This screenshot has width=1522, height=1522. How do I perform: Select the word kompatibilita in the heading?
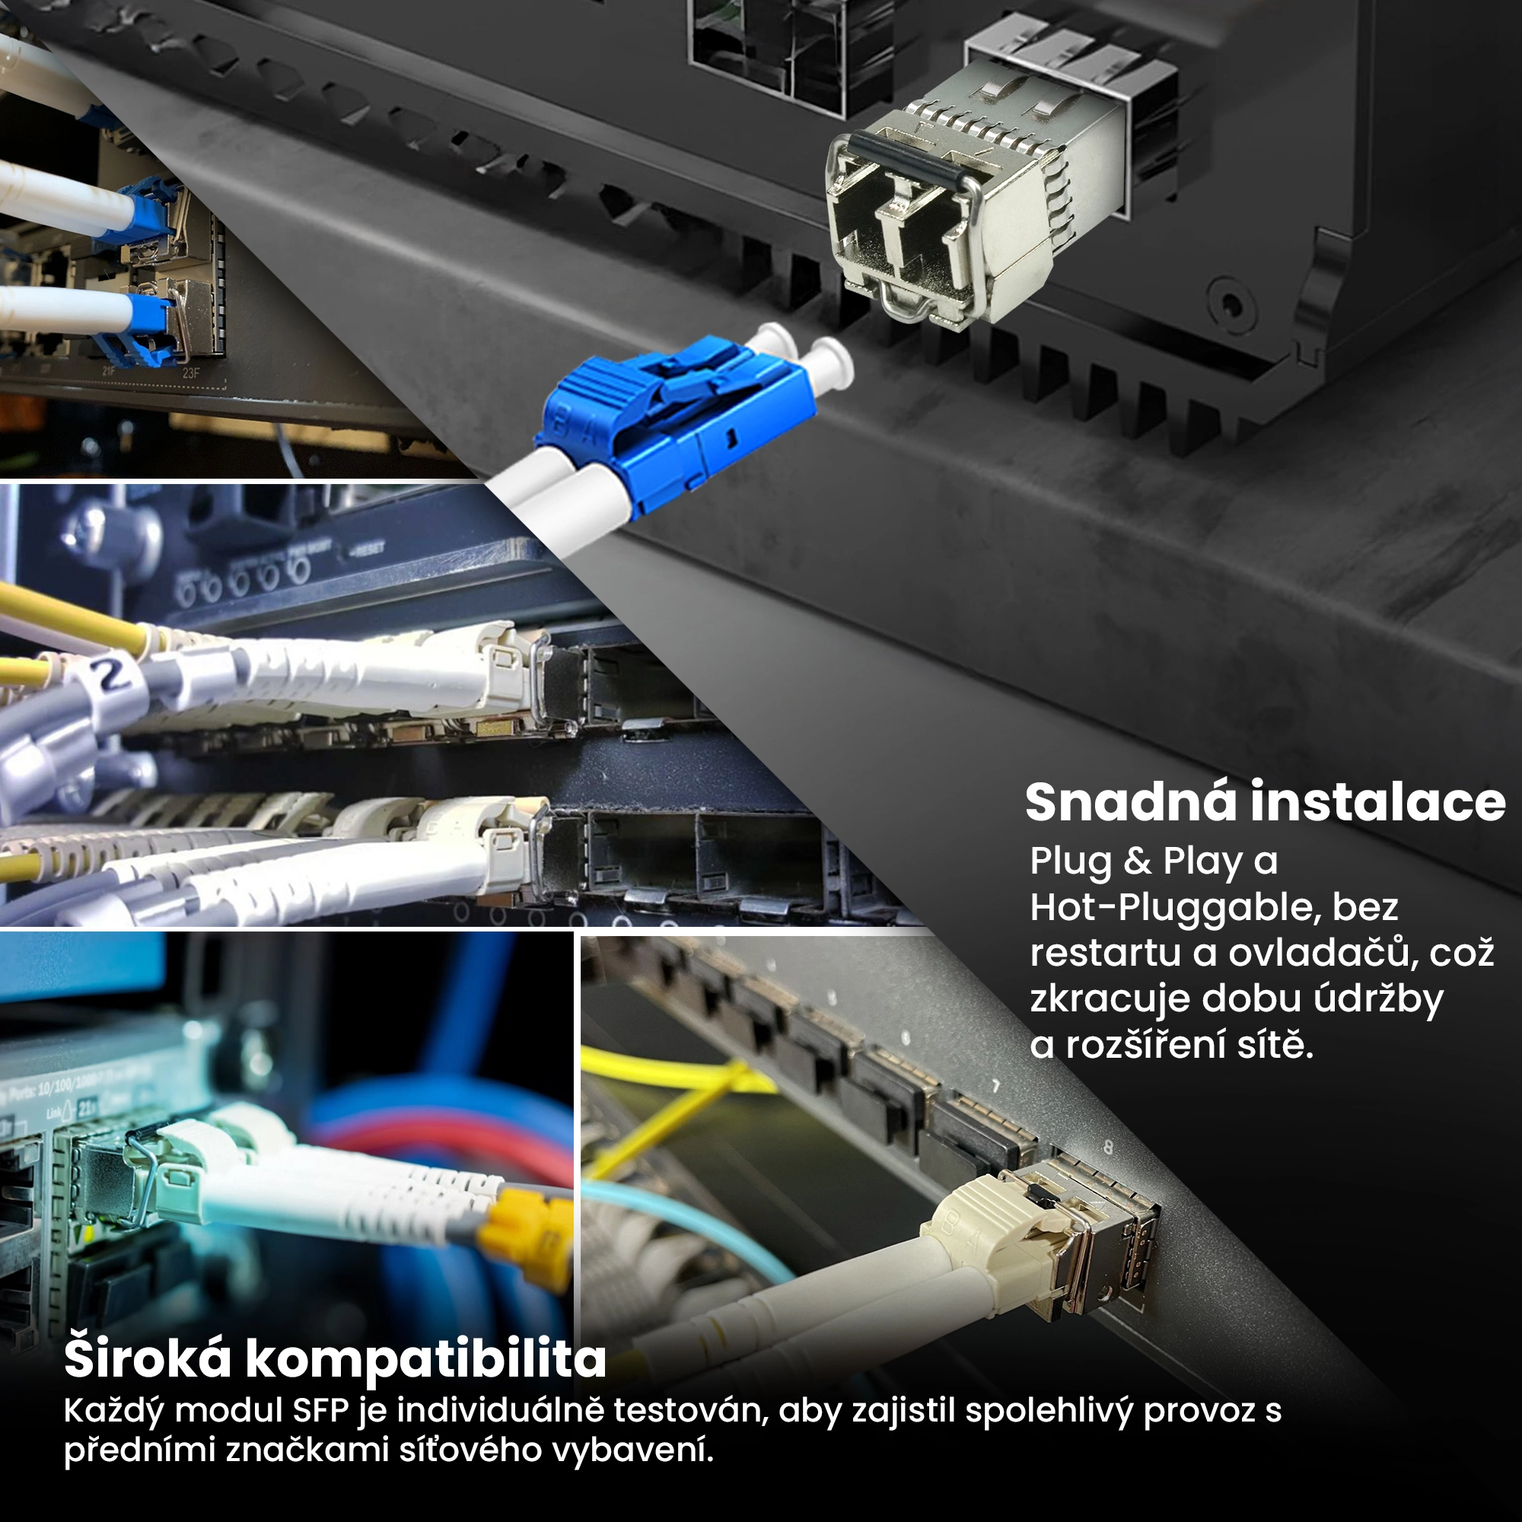click(x=426, y=1361)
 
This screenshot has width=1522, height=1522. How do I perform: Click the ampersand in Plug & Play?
click(x=1138, y=860)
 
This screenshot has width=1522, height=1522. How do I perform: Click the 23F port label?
click(x=191, y=373)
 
